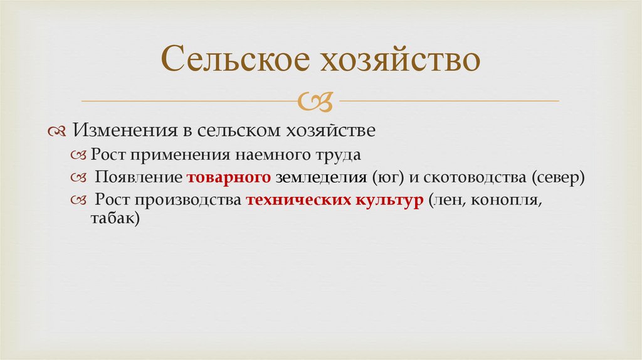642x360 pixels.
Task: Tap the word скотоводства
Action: click(474, 177)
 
